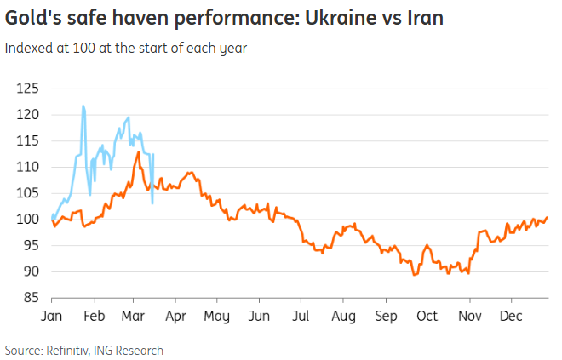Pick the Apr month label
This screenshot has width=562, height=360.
click(175, 315)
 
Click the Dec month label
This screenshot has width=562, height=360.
click(511, 315)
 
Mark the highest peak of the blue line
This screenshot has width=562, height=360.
click(83, 106)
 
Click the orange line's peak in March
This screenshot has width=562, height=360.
click(138, 152)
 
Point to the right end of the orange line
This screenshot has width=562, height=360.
click(547, 218)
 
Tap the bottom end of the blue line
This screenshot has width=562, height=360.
click(152, 203)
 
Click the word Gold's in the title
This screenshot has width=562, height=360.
click(28, 17)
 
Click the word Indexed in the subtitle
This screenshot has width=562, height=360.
click(27, 49)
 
